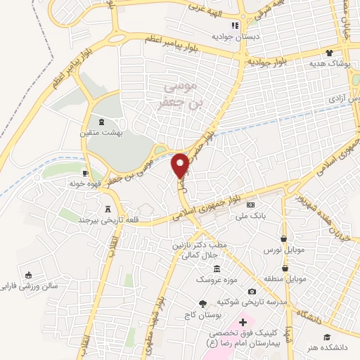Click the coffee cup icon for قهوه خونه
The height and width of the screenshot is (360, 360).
click(84, 172)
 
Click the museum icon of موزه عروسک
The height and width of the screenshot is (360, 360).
click(217, 269)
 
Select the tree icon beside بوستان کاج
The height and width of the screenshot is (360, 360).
click(202, 303)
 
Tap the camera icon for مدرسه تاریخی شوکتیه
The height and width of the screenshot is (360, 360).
click(252, 291)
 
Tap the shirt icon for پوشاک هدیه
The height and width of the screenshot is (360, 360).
click(328, 53)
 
